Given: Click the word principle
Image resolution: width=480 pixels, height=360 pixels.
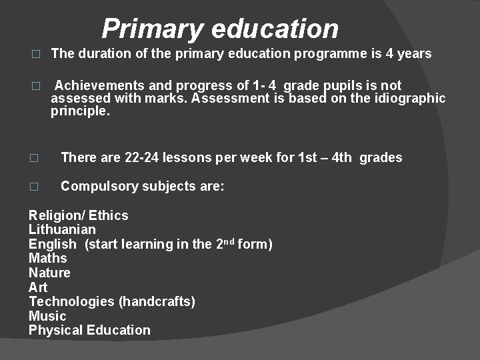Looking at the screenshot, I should coord(79,111).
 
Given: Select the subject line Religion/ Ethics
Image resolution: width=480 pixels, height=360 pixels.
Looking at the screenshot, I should coord(78,215).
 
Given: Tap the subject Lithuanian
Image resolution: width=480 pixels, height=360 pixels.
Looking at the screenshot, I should coord(62,230).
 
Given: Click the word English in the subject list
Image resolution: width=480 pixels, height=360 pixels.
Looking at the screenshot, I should coord(53,244).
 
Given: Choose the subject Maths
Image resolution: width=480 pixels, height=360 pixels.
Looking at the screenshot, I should coord(48,258).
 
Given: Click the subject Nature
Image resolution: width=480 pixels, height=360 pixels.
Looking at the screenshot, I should coord(49,273).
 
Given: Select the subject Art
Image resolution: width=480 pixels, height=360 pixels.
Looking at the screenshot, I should coord(38,287).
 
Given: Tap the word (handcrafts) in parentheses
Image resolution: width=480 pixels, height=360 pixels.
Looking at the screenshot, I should coord(157,301).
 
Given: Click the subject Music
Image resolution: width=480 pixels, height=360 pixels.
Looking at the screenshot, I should coord(47,316).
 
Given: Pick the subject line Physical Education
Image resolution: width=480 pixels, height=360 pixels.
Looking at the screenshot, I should coord(89,330).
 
